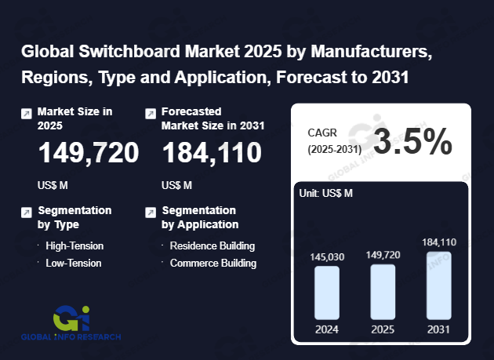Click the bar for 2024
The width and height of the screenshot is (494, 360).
(x=327, y=293)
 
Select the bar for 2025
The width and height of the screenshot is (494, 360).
(x=383, y=292)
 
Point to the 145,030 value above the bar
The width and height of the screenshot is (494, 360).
(x=327, y=256)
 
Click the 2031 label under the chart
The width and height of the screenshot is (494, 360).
(x=439, y=329)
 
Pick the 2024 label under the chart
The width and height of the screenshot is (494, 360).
(x=327, y=329)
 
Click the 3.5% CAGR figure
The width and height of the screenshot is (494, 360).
(x=412, y=142)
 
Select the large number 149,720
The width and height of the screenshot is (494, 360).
(x=88, y=153)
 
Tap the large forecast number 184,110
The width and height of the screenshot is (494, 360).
(x=212, y=153)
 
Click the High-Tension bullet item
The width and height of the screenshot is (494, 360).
(x=74, y=245)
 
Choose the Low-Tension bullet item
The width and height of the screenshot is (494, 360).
(x=73, y=263)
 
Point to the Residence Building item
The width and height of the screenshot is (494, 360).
(x=212, y=245)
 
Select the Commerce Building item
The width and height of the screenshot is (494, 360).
(x=212, y=263)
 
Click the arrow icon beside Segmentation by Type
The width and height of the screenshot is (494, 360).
(x=26, y=213)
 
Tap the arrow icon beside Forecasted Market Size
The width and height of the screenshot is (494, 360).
(x=151, y=114)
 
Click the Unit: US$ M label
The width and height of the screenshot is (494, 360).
(x=325, y=193)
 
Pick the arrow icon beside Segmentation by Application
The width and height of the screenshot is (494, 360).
(x=151, y=213)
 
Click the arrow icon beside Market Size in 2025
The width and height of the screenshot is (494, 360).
(x=26, y=114)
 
